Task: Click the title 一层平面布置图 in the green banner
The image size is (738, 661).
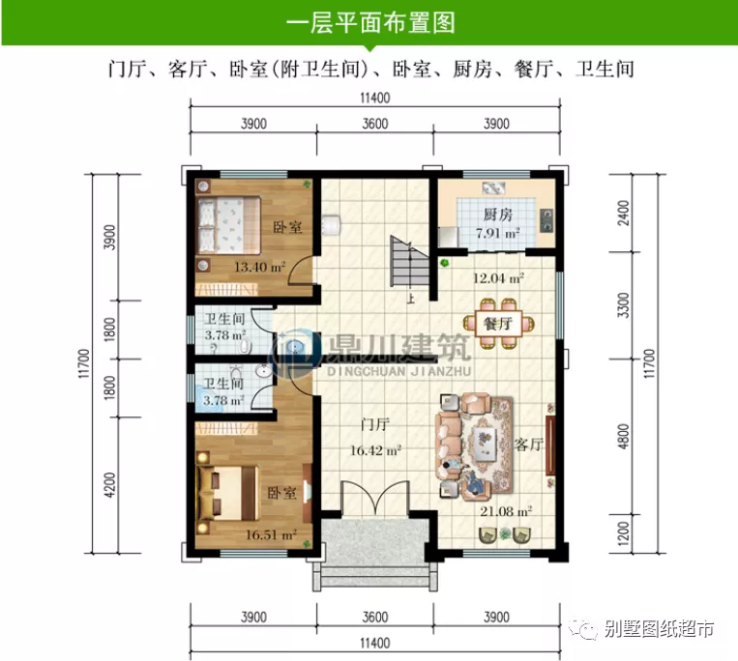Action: (369, 23)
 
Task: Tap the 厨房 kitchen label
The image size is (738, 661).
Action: (497, 215)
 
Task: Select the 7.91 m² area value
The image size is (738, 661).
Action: (497, 234)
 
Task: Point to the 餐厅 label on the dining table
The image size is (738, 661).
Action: (497, 324)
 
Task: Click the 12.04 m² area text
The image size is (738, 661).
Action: (498, 277)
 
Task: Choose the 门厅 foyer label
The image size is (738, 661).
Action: (375, 426)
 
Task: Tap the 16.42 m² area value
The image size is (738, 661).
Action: (375, 448)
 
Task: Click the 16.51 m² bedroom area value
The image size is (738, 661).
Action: (271, 532)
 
